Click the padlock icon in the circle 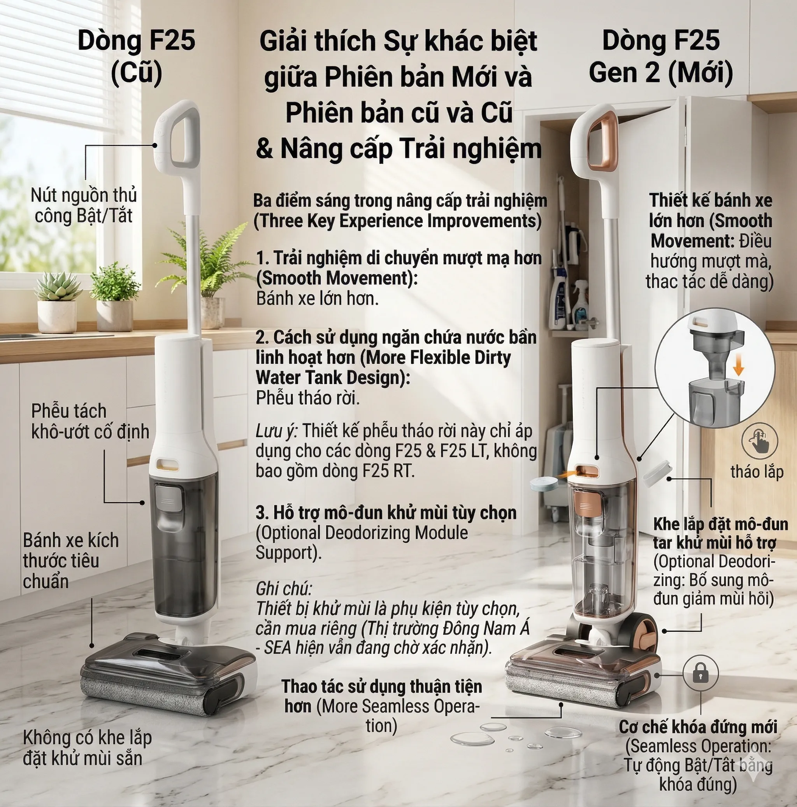coord(700,673)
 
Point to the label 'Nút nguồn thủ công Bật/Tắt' coord(84,205)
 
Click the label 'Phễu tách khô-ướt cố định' coord(90,421)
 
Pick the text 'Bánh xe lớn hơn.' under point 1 coord(318,298)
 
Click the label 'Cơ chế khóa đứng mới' coord(698,727)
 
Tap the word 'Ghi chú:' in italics coord(284,589)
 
